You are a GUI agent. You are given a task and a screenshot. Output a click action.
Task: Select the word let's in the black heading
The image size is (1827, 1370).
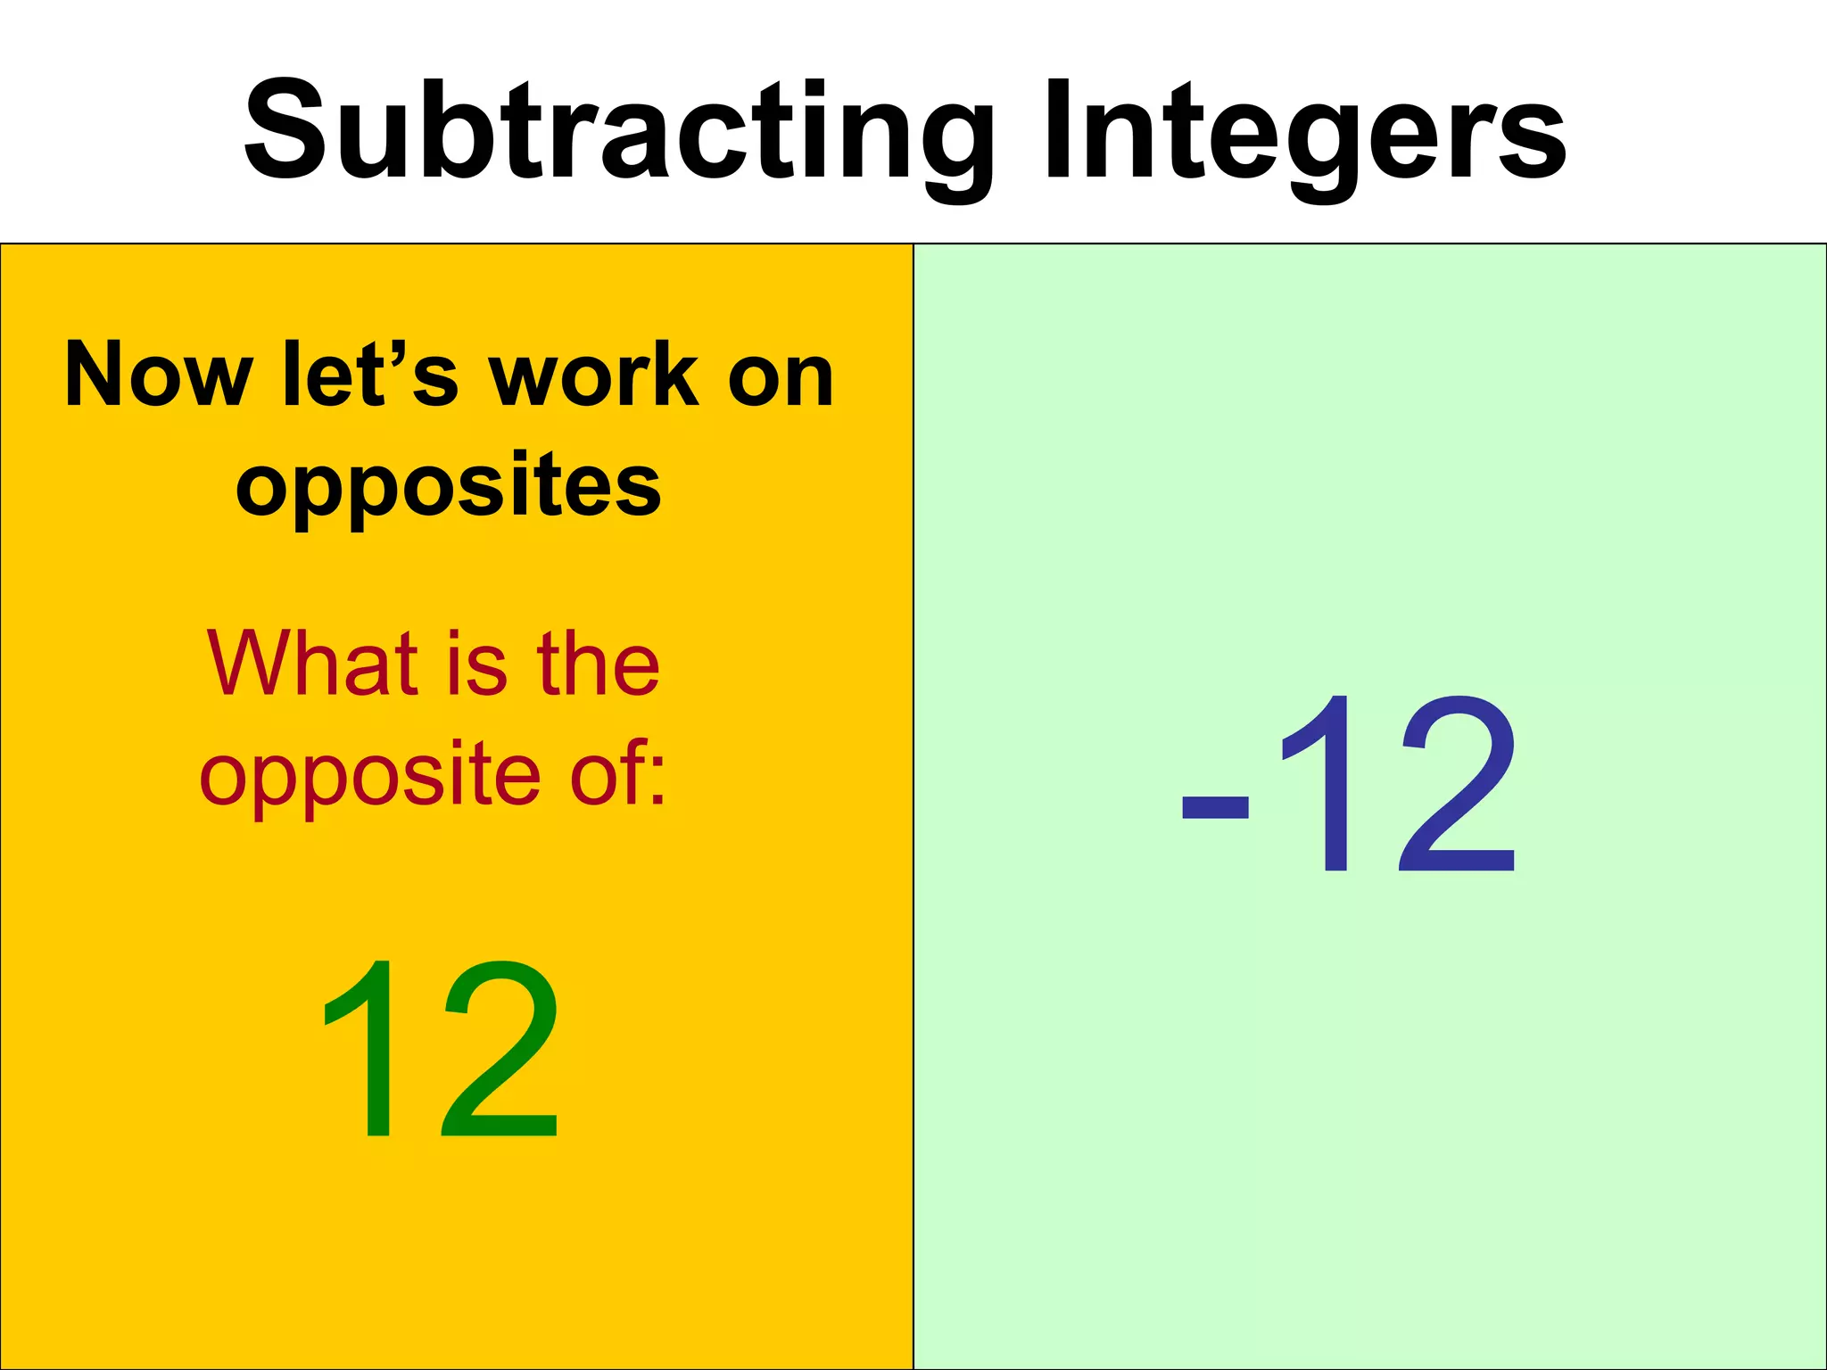[x=370, y=375]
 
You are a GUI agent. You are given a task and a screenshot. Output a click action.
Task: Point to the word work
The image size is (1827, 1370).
[x=594, y=375]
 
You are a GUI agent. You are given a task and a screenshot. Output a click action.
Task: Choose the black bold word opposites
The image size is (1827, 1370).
[x=449, y=486]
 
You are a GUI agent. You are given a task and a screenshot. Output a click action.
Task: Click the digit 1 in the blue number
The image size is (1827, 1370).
[x=1320, y=785]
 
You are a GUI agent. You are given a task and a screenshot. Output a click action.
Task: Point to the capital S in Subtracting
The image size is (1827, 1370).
[x=289, y=130]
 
